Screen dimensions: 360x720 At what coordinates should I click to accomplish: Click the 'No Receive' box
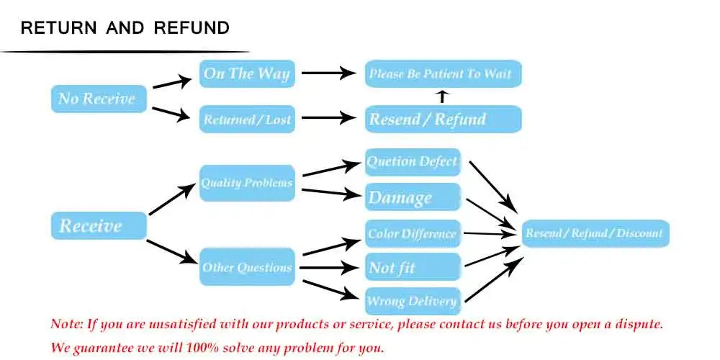tap(98, 99)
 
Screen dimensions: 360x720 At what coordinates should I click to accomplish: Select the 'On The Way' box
tap(247, 73)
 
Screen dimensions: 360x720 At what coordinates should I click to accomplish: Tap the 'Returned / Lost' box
tap(247, 120)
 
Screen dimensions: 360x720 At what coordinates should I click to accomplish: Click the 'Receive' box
tap(99, 226)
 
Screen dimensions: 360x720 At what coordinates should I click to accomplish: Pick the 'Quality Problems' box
tap(247, 183)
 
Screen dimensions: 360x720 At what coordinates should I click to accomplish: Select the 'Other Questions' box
tap(247, 267)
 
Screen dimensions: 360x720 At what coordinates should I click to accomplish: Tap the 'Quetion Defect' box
tap(413, 162)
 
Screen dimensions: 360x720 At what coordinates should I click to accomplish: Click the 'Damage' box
tap(413, 197)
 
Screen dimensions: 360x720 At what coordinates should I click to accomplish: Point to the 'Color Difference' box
tap(413, 233)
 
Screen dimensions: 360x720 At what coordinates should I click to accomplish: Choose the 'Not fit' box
tap(413, 268)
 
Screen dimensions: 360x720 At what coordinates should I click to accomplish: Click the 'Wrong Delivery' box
tap(413, 301)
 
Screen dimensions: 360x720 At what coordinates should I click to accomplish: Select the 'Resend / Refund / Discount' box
tap(595, 233)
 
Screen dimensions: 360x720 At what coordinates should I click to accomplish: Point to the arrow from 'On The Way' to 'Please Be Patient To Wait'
tap(328, 73)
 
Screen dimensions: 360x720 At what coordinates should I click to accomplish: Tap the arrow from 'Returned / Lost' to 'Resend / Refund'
tap(328, 119)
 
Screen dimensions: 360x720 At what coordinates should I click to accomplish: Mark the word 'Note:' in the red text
tap(67, 323)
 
